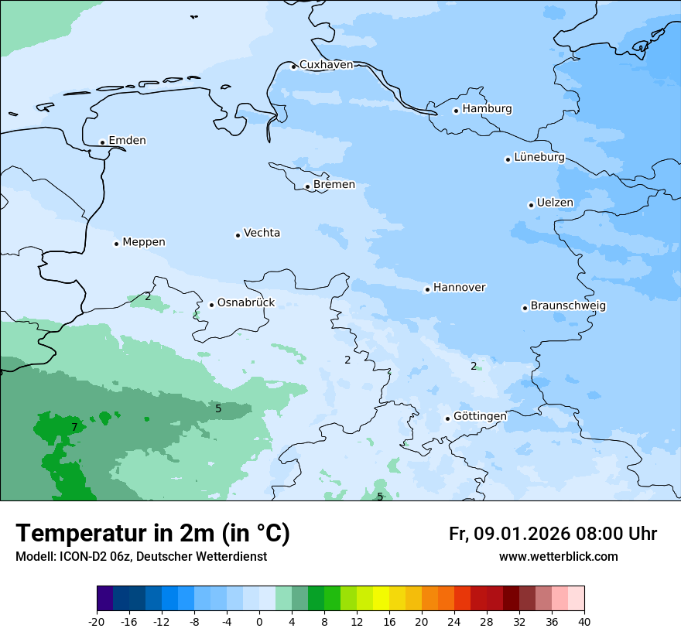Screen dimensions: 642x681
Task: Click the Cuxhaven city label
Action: [x=326, y=65]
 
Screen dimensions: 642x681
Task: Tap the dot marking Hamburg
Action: [x=456, y=111]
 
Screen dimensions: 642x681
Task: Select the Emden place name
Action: [x=127, y=141]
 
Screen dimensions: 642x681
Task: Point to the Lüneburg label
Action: [x=539, y=157]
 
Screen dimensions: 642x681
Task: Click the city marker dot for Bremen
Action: [x=307, y=186]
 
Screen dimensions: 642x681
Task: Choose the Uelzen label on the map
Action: [x=555, y=203]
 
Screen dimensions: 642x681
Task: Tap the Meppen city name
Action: [x=143, y=242]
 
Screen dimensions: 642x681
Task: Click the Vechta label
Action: [x=262, y=233]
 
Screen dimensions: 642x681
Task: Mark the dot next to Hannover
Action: [x=427, y=289]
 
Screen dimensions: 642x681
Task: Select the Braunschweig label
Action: [x=568, y=306]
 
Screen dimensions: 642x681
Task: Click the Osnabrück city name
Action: [x=245, y=303]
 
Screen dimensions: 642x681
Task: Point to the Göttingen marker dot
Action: [x=447, y=418]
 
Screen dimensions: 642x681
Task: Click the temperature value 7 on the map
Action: [x=74, y=427]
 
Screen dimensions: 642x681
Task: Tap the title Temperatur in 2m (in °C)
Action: [x=152, y=534]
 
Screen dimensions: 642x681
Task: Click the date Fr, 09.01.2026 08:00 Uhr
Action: [x=553, y=534]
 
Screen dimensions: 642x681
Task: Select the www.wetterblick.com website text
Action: [x=558, y=557]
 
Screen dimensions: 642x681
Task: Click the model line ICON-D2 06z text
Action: [x=141, y=557]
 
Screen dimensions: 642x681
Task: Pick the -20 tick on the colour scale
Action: [x=97, y=622]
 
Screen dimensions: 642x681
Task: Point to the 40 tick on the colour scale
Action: [x=584, y=622]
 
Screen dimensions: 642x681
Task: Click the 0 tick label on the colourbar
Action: [x=259, y=622]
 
